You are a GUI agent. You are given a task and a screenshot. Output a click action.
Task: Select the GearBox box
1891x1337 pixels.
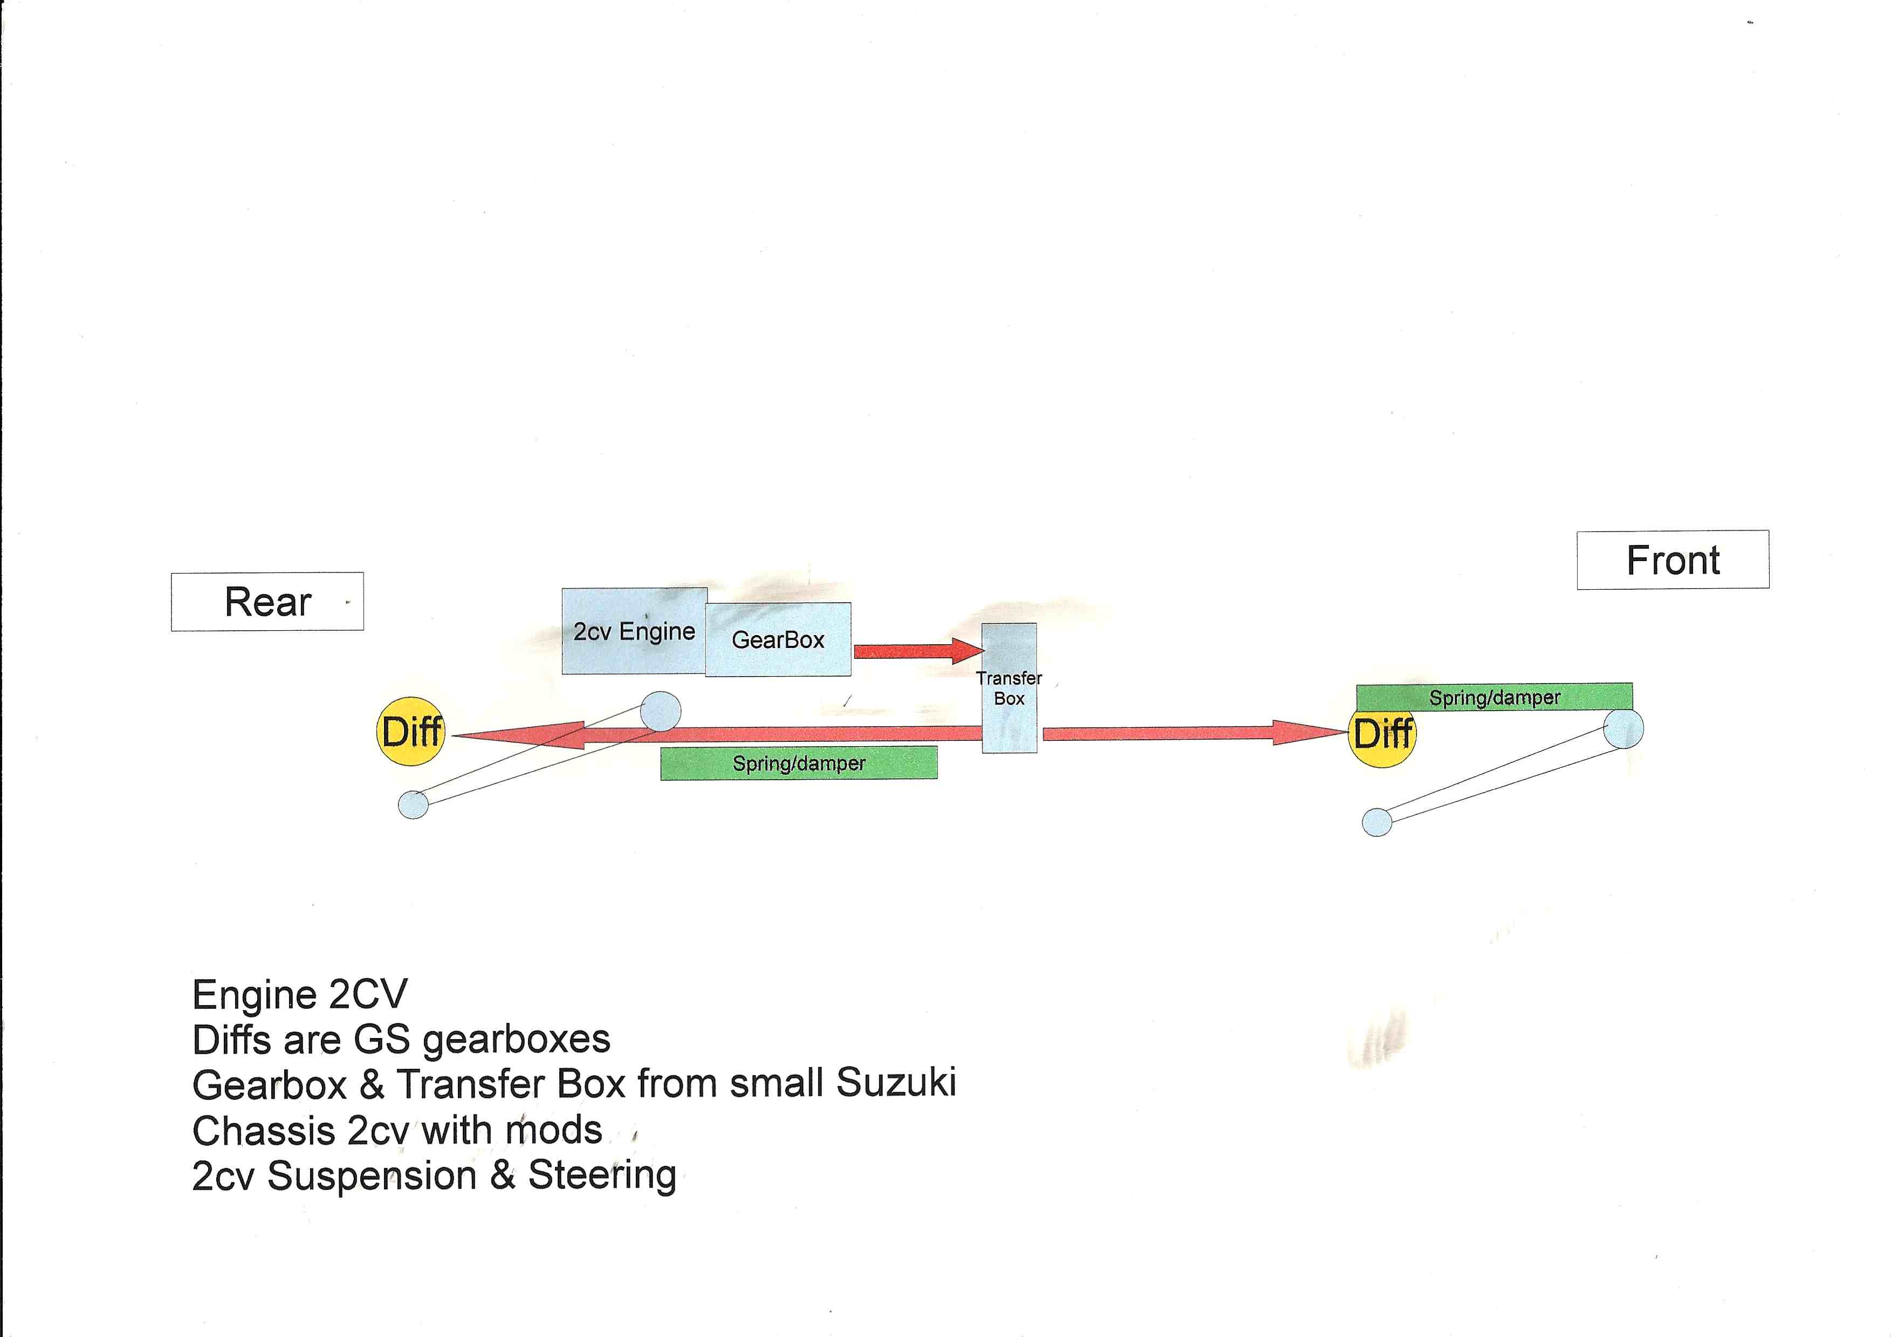coord(777,639)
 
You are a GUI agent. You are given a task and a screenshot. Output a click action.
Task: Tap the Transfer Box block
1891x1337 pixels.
coord(1009,688)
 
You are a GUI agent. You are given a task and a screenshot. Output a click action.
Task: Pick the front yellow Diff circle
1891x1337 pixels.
coord(1383,733)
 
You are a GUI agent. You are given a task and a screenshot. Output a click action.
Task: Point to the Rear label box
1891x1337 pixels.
coord(267,602)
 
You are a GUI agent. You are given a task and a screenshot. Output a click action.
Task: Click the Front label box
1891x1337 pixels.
coord(1673,560)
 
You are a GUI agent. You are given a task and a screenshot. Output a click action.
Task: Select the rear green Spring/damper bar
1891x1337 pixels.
coord(798,763)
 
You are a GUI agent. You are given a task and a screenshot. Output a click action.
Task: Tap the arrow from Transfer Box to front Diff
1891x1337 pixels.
coord(1194,732)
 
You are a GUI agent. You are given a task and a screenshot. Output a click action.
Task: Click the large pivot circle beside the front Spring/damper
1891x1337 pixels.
coord(1624,729)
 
